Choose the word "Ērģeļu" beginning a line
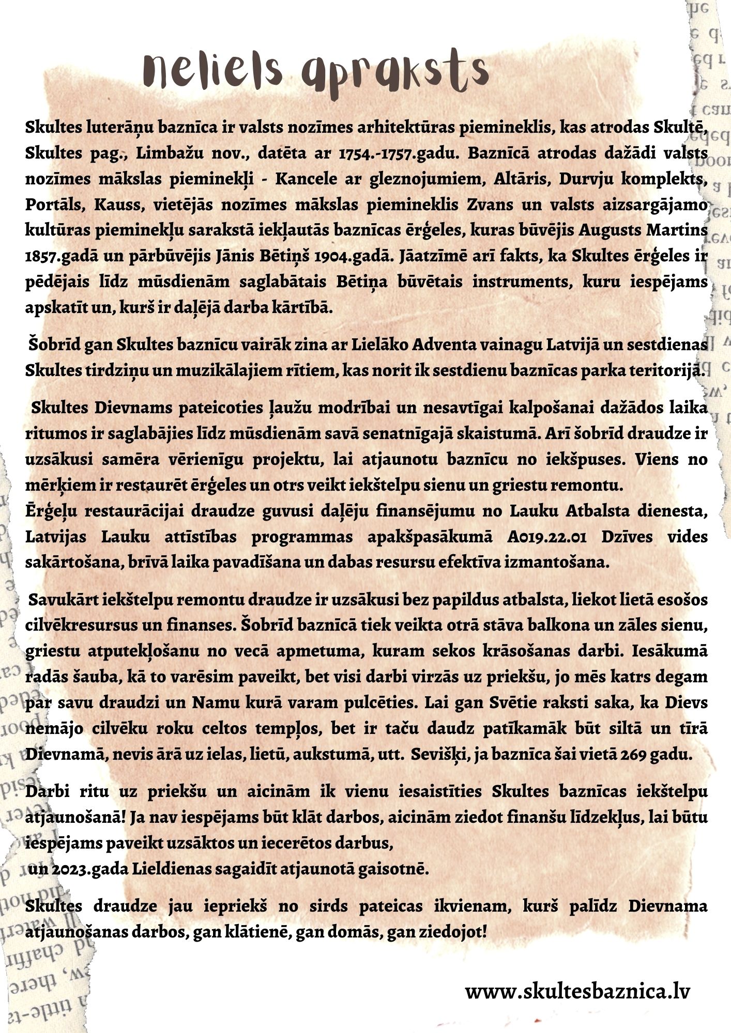pyautogui.click(x=51, y=511)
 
